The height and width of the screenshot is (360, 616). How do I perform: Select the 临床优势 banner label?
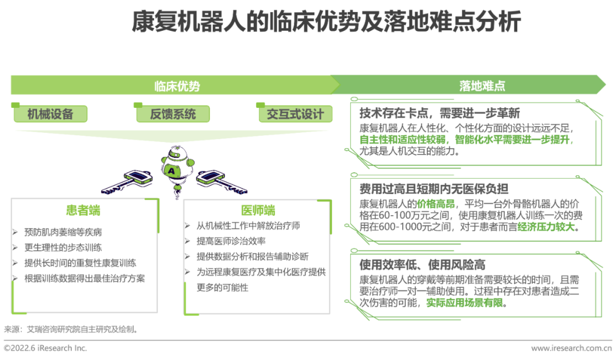tap(177, 86)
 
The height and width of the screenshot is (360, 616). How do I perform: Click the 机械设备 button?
tap(51, 114)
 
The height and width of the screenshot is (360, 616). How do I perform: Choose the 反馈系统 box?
tap(173, 114)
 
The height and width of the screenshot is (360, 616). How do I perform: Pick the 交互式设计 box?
tap(295, 114)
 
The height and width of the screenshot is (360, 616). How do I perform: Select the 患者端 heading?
tap(83, 211)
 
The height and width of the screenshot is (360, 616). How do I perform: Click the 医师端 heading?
tap(258, 211)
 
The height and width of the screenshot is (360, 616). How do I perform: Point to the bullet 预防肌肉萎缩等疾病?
tap(63, 232)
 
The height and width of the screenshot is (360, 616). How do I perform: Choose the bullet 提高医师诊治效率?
tap(231, 241)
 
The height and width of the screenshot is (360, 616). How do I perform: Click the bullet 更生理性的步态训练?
tap(63, 248)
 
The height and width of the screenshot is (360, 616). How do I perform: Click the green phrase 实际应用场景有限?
tap(465, 303)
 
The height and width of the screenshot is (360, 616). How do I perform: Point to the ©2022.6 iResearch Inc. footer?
tap(46, 347)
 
